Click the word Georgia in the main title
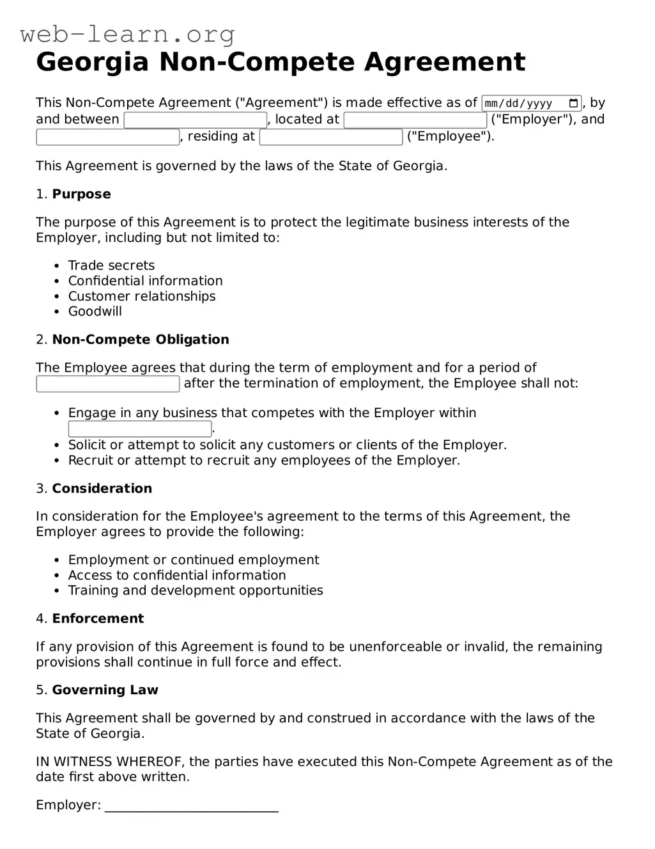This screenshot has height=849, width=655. click(x=92, y=62)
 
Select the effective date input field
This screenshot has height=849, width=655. click(x=521, y=103)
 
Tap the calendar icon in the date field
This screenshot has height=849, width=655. click(x=573, y=103)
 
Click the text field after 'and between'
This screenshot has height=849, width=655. click(x=195, y=120)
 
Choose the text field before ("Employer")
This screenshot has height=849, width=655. click(x=415, y=120)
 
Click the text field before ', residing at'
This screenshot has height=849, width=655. click(x=108, y=137)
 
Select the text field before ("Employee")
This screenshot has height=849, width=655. click(x=331, y=137)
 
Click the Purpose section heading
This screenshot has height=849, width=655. click(x=81, y=194)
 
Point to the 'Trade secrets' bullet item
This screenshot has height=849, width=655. click(x=111, y=266)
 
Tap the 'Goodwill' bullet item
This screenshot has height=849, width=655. click(x=95, y=312)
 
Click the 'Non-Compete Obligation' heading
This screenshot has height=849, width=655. click(x=140, y=340)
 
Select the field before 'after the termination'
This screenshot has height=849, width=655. click(x=108, y=384)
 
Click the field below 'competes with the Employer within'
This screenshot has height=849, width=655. click(x=140, y=429)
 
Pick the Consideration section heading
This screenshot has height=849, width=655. click(x=102, y=489)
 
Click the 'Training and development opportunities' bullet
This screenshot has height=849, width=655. click(x=196, y=591)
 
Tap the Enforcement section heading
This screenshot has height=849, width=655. click(x=98, y=619)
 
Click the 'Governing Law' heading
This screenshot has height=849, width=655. click(x=105, y=690)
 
